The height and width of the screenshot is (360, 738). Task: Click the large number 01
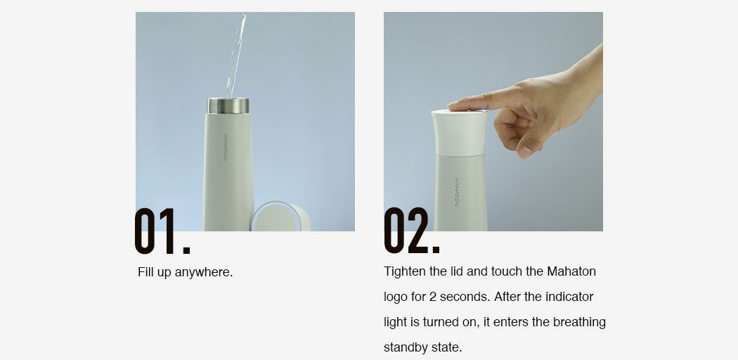click(162, 231)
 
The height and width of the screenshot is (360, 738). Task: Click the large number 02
click(411, 231)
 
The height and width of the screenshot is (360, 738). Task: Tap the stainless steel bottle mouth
click(228, 105)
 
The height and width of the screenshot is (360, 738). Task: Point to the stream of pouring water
click(236, 54)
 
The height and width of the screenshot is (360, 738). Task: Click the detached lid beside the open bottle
click(280, 217)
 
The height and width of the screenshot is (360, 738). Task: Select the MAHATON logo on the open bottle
click(226, 147)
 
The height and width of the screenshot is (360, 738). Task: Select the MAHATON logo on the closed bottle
click(457, 191)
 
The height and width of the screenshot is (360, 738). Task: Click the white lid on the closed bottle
click(460, 133)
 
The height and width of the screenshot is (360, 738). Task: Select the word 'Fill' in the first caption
click(145, 272)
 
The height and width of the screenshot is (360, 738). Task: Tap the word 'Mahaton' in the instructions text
click(571, 271)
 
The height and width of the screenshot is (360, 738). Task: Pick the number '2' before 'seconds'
click(432, 297)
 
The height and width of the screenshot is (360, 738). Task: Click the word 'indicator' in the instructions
click(569, 297)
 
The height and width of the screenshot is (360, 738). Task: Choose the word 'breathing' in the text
click(579, 323)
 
